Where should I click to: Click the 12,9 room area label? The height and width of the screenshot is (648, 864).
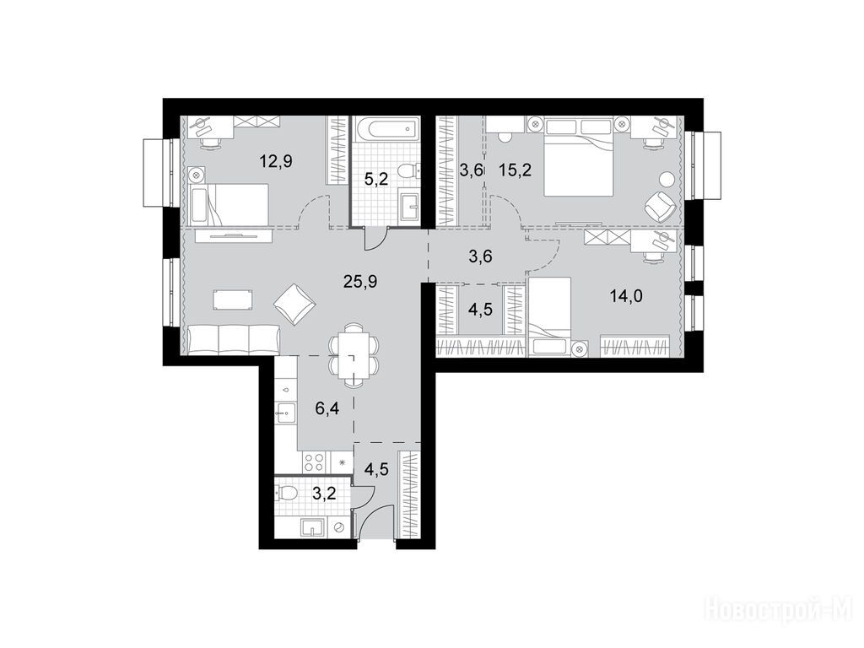click(276, 161)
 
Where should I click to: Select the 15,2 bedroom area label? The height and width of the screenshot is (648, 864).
click(516, 170)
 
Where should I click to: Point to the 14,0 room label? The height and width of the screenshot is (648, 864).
click(627, 296)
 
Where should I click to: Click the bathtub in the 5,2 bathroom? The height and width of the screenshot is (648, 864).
click(386, 129)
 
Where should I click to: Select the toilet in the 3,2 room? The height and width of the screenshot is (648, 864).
click(287, 492)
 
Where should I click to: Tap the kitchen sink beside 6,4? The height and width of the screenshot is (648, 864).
click(286, 412)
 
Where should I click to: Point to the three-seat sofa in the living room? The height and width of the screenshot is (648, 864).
click(235, 339)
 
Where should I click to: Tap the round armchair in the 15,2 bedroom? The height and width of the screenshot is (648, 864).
click(659, 206)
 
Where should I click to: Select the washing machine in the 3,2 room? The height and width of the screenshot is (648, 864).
click(338, 527)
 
